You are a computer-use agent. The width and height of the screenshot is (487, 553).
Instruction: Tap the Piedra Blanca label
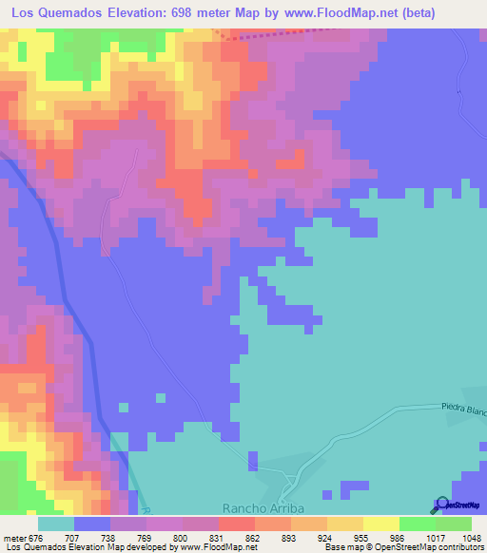(463, 407)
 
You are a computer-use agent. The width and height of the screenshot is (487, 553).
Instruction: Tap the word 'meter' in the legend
(14, 537)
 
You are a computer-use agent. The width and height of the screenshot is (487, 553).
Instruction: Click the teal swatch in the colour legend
(55, 524)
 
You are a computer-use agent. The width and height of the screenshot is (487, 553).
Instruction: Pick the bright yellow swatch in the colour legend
(380, 524)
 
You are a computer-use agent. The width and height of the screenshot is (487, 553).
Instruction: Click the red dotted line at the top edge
(285, 30)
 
